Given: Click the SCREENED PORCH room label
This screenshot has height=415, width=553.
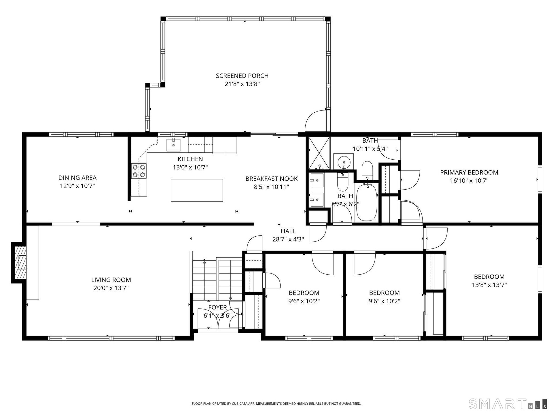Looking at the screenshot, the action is pos(242,76).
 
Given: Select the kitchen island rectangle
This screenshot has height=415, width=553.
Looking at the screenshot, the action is pos(197,190).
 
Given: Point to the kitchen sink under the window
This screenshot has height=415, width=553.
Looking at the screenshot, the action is pos(173,145).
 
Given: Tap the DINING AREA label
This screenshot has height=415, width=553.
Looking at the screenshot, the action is pos(77,178).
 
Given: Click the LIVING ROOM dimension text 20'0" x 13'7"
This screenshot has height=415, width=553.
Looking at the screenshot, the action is pos(111,288).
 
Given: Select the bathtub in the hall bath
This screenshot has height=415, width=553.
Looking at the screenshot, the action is pos(367,202).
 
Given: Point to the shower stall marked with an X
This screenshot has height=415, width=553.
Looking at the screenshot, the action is pos(319,153).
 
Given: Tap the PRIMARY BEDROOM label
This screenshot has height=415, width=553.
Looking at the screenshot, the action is pos(469,172).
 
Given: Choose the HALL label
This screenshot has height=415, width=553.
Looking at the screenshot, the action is pos(288,231).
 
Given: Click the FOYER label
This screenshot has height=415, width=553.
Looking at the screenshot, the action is pos(217,308).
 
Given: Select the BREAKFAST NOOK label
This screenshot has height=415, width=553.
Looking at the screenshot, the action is pos(271,179).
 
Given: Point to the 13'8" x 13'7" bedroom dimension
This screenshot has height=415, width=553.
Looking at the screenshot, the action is pos(489,285).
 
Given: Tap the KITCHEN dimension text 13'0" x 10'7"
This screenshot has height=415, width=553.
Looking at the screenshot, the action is pos(190,167).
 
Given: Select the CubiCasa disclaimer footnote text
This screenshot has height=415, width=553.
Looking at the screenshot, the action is pos(276,404).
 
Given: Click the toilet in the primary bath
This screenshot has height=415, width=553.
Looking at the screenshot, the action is pos(367,170).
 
